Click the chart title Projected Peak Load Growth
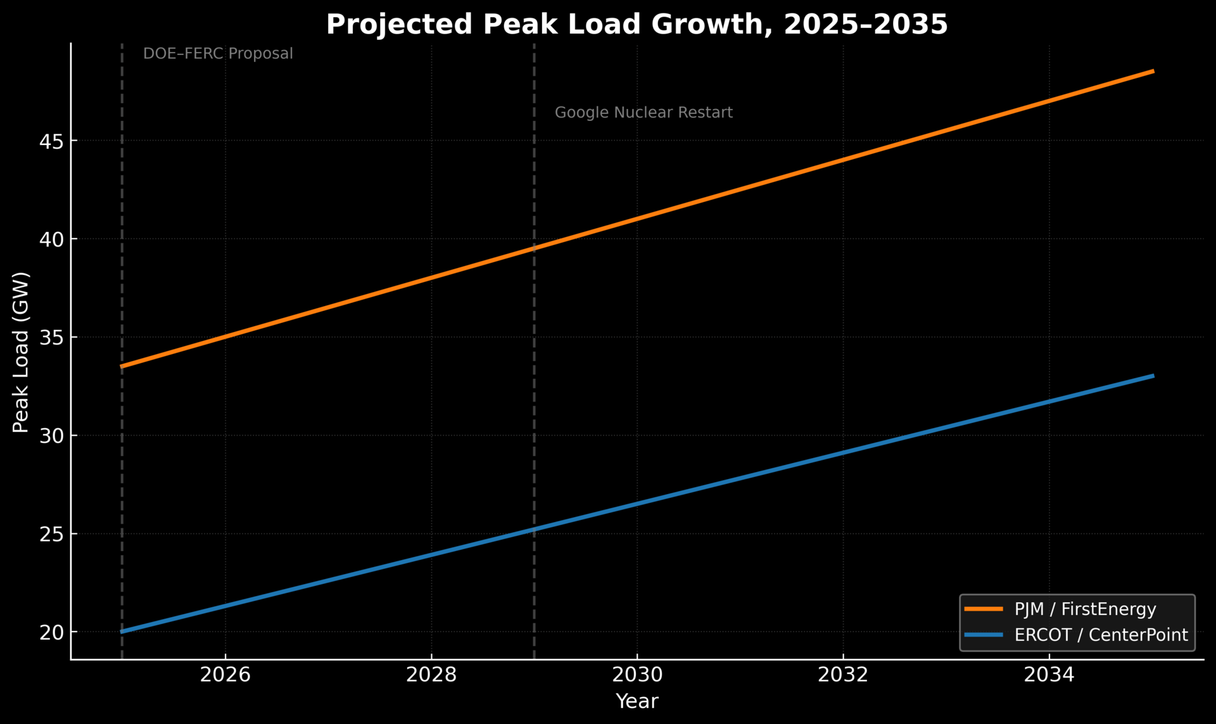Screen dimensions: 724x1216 point(636,25)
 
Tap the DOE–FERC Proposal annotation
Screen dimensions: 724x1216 point(218,54)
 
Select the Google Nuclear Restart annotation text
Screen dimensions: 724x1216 point(643,113)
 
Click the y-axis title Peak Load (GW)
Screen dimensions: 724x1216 point(21,352)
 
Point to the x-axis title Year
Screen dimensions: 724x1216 point(637,701)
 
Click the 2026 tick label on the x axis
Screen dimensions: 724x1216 point(225,675)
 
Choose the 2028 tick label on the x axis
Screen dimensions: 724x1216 point(431,675)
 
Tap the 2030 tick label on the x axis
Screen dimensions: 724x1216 point(637,675)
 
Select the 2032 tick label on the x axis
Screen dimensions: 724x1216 point(843,675)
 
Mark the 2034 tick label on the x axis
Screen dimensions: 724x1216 point(1049,675)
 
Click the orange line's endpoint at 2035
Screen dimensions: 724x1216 point(1152,72)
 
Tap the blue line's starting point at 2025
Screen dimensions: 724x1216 point(122,632)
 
